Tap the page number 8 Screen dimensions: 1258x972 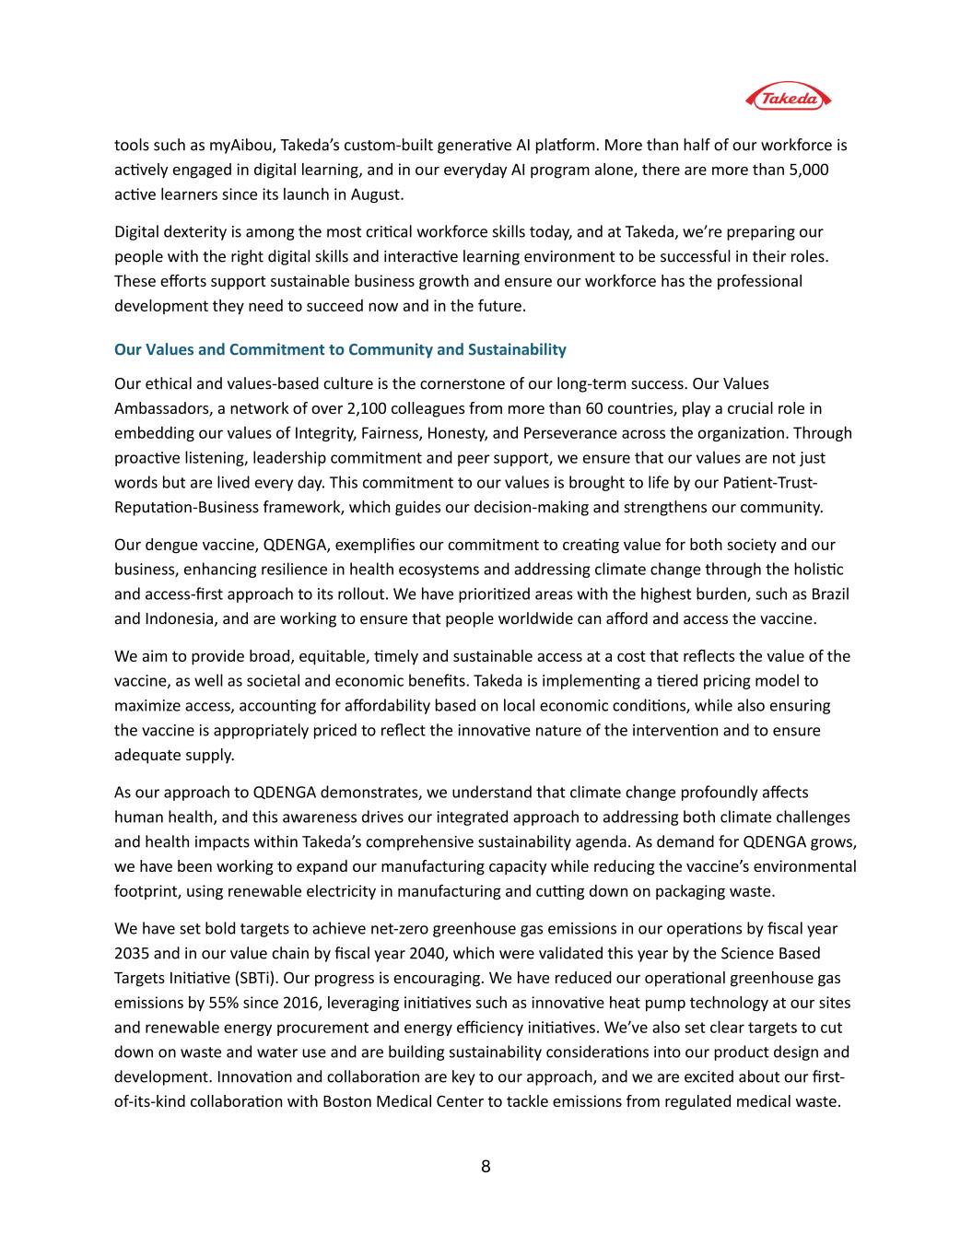[486, 1167]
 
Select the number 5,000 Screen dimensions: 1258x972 [808, 170]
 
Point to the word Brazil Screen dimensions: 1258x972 [826, 594]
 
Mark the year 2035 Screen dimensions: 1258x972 [131, 954]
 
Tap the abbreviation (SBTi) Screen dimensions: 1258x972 [251, 978]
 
